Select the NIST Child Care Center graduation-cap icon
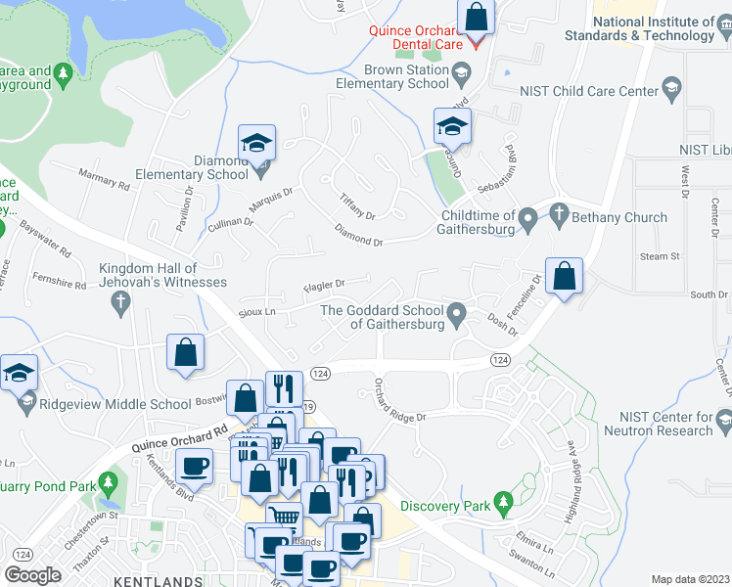pyautogui.click(x=671, y=91)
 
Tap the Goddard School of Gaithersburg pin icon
pyautogui.click(x=456, y=316)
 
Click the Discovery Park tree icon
pyautogui.click(x=503, y=505)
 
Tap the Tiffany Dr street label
pyautogui.click(x=357, y=208)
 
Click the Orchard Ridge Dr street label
pyautogui.click(x=400, y=402)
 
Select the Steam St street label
pyautogui.click(x=660, y=256)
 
